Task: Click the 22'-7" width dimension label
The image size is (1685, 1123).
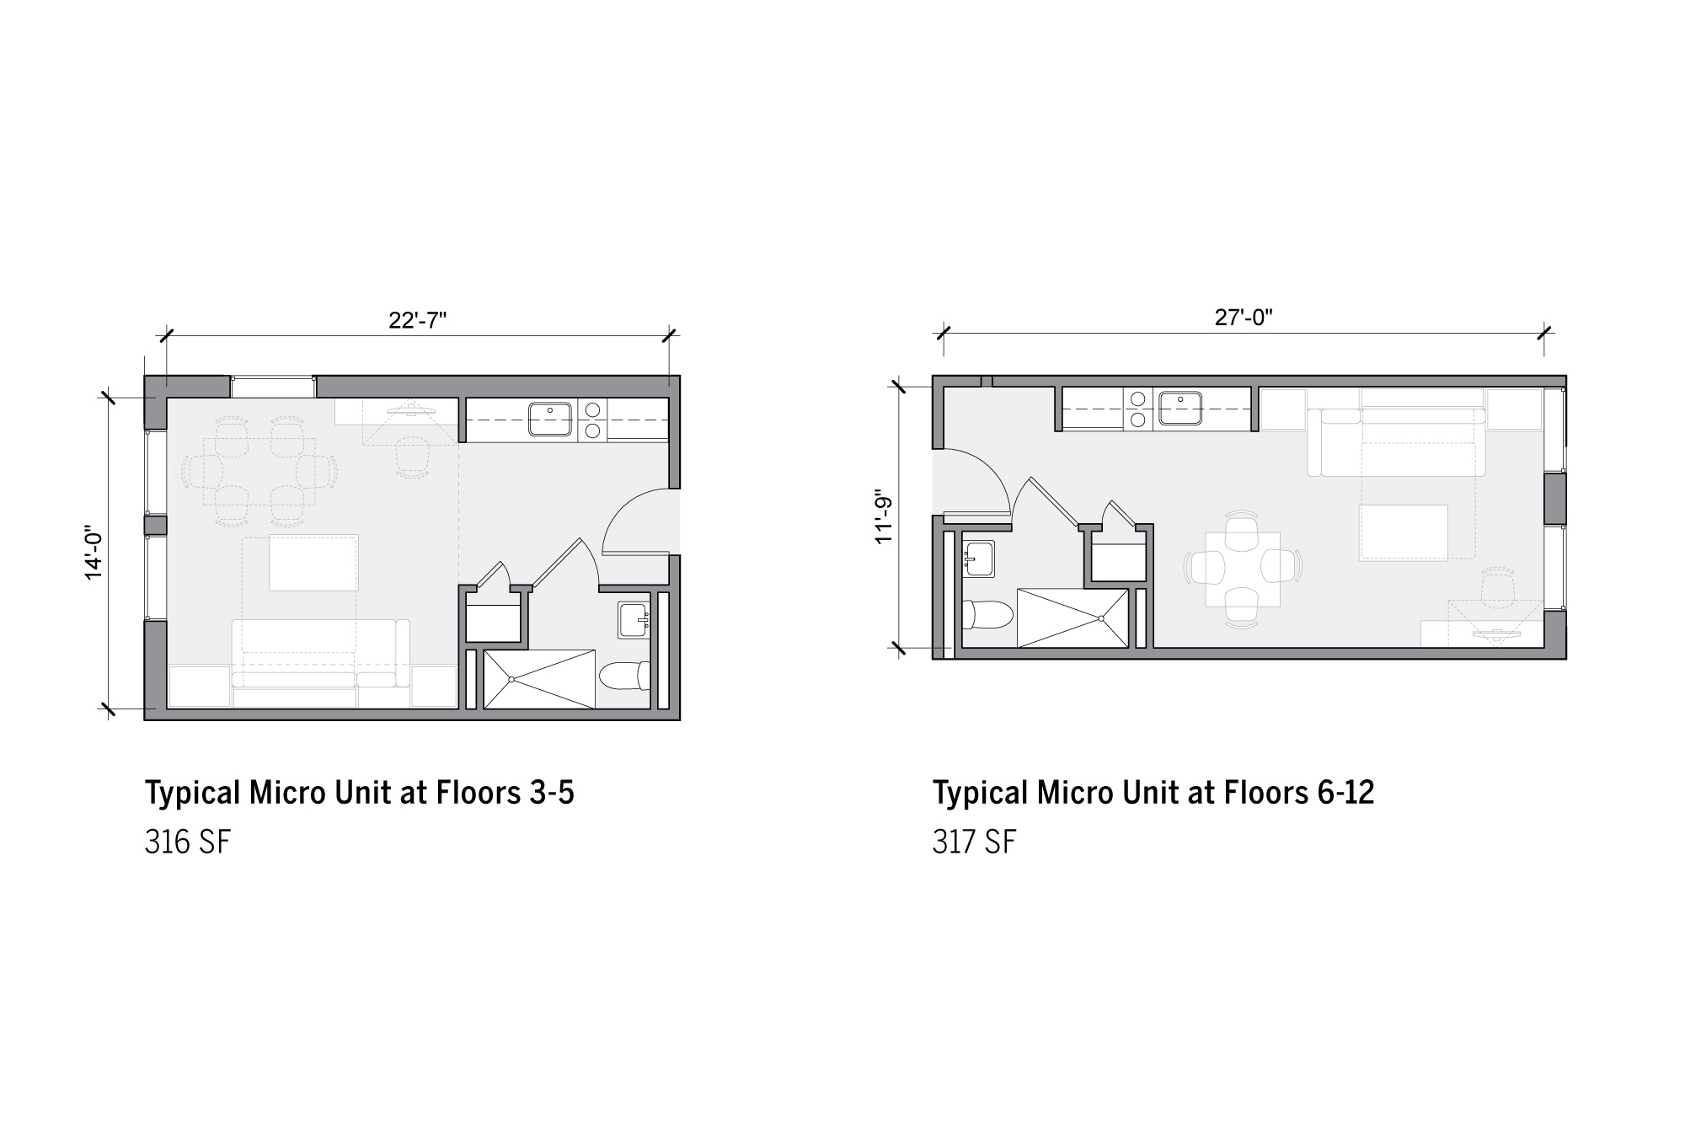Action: coord(417,320)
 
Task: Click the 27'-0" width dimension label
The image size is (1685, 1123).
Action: coord(1244,318)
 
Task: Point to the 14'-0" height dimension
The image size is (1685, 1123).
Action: coord(93,553)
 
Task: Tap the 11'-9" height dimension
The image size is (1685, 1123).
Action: coord(884,516)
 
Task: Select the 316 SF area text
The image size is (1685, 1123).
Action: coord(187,842)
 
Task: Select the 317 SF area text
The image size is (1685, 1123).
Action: coord(974,842)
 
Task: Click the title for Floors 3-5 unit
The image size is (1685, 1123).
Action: coord(360,793)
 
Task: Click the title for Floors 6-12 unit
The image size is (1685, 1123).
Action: coord(1153,793)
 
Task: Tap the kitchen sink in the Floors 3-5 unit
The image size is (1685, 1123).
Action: coord(550,419)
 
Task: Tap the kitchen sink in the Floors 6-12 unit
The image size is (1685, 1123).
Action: coord(1180,408)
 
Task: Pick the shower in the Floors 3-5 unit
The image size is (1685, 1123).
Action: coord(539,679)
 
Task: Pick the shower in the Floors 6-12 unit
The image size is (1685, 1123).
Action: coord(1073,618)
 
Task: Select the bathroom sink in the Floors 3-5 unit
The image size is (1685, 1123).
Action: coord(634,619)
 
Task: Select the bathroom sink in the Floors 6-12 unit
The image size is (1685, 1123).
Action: coord(979,559)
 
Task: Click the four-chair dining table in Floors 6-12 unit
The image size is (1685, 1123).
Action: coord(1243,569)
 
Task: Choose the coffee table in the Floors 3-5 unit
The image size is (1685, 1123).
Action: coord(313,562)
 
